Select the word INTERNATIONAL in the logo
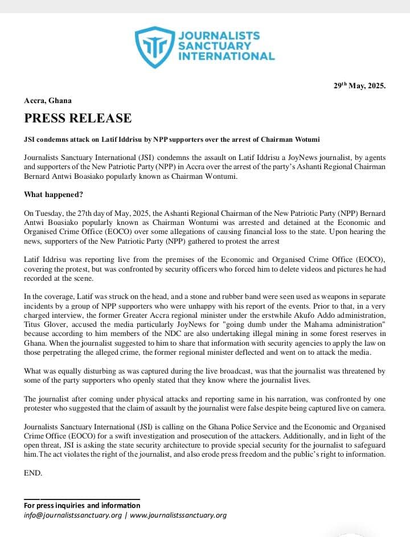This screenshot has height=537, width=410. click(x=227, y=56)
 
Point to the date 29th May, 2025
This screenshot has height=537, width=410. click(x=359, y=87)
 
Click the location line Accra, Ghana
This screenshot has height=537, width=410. click(x=48, y=100)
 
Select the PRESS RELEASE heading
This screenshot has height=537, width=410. click(x=77, y=118)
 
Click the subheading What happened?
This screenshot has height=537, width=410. click(x=54, y=195)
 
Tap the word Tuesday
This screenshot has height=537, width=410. click(x=52, y=212)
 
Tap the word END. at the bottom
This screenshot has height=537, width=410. click(x=33, y=473)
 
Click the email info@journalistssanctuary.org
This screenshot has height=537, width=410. click(x=73, y=515)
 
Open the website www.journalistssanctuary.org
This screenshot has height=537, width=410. click(x=178, y=515)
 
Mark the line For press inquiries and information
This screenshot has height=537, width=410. click(x=82, y=505)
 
